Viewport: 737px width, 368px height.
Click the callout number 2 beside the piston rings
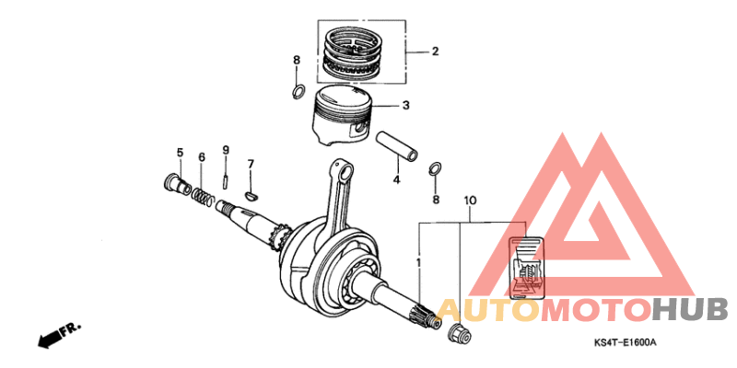tap(435, 52)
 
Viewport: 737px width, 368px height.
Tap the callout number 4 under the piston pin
tap(397, 180)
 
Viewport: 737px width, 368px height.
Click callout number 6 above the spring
tap(202, 158)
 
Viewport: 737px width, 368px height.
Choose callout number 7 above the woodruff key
tap(250, 165)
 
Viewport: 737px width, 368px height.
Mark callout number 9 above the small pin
tap(225, 150)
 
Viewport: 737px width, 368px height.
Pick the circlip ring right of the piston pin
tap(436, 169)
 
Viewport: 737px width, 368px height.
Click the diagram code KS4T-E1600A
tap(625, 342)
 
